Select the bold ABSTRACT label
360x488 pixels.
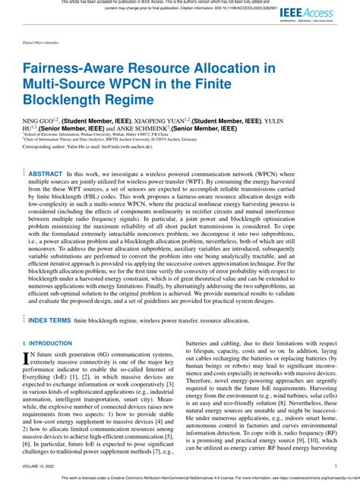45,174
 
